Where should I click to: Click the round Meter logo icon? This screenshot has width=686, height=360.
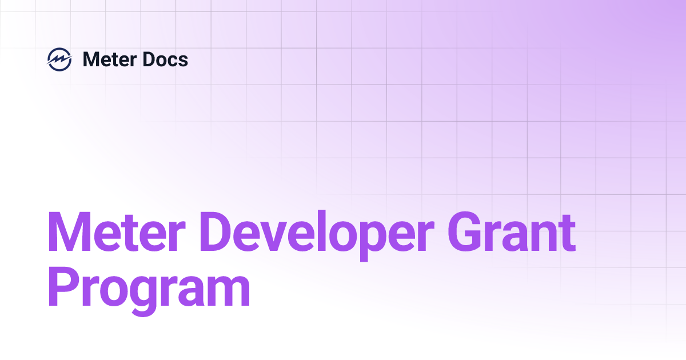coord(59,59)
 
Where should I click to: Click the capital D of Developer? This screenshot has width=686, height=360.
coord(221,233)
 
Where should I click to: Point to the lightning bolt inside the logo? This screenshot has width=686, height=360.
coord(59,59)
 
